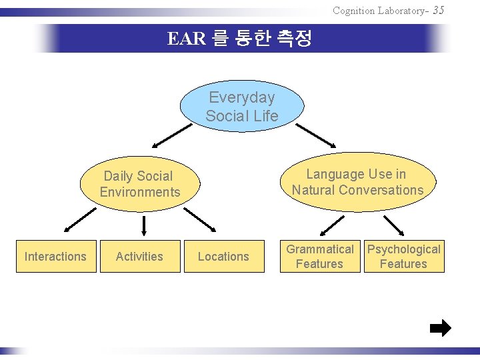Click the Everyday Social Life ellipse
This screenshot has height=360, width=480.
coord(241,107)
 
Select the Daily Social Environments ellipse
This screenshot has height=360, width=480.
coord(140,184)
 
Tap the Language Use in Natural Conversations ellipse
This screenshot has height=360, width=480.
coord(357,182)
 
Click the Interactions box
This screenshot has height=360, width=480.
coord(55,257)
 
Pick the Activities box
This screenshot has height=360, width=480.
coord(139,257)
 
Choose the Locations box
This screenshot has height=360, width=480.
coord(223,257)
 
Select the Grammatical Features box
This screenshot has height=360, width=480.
coord(319,257)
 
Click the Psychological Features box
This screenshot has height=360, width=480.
coord(403,257)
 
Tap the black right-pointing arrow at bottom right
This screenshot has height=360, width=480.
coord(440,328)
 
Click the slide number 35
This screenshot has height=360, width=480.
coord(438,10)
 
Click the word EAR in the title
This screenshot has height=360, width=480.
coord(186,39)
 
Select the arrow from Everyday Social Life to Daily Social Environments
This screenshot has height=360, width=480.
coord(171,135)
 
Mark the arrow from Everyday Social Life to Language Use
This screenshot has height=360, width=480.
coord(316,135)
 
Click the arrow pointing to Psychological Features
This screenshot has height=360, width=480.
coord(393,226)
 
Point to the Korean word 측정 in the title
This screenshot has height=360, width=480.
coord(294,39)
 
